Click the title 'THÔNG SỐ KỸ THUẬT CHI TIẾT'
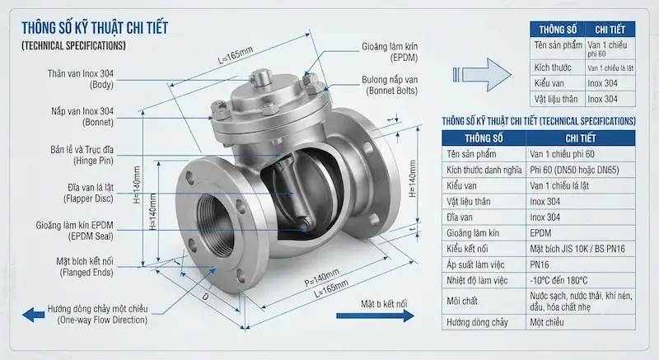coord(95,28)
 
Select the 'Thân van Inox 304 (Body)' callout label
coord(80,79)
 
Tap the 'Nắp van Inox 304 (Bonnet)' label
coord(82,117)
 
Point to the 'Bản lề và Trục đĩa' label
coord(82,150)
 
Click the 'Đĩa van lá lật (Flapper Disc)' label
coord(88,193)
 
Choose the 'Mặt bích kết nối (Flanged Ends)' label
coord(85,267)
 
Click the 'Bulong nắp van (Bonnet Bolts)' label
coord(390,85)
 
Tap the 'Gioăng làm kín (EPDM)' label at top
coord(390,52)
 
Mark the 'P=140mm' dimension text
coord(321,278)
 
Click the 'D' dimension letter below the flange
coord(205,297)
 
